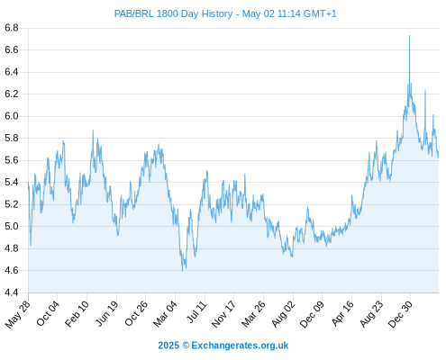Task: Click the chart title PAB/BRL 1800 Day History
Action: tap(173, 13)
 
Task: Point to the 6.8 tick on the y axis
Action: tap(12, 28)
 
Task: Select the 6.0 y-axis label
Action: tap(12, 116)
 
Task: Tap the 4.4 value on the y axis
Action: tap(12, 292)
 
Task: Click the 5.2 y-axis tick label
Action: tap(12, 204)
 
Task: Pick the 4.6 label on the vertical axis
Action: tap(12, 271)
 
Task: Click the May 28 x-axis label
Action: tap(18, 314)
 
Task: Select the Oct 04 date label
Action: tap(48, 313)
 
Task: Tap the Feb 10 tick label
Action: tap(77, 313)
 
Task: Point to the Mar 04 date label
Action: tap(166, 313)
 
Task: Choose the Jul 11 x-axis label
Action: tap(197, 311)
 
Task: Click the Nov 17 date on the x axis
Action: tap(223, 314)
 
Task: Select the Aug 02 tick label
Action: tap(284, 313)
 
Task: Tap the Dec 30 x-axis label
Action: tap(401, 313)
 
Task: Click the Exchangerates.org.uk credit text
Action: tap(240, 346)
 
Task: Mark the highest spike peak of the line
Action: tap(409, 36)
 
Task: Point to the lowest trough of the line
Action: tap(182, 271)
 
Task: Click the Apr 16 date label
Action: tap(342, 313)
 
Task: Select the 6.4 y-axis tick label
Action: tap(12, 72)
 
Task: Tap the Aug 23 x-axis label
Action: tap(371, 313)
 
